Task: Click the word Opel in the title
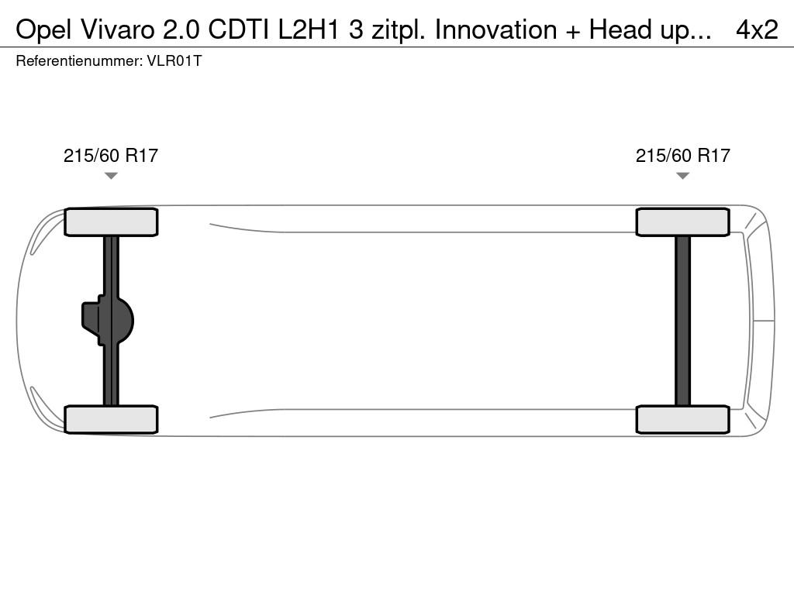click(x=43, y=30)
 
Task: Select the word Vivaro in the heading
click(x=117, y=30)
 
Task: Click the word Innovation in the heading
click(x=495, y=30)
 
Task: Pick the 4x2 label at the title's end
click(x=757, y=30)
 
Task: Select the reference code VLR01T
click(x=174, y=61)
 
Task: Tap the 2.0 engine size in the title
click(x=181, y=30)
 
